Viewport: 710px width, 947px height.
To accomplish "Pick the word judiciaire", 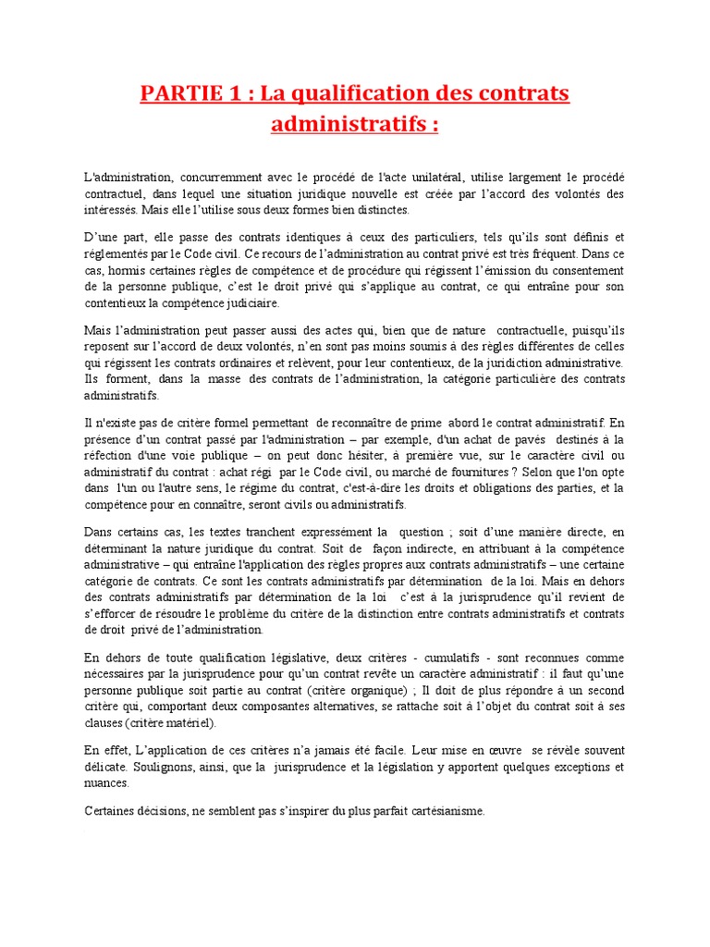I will point(247,302).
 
